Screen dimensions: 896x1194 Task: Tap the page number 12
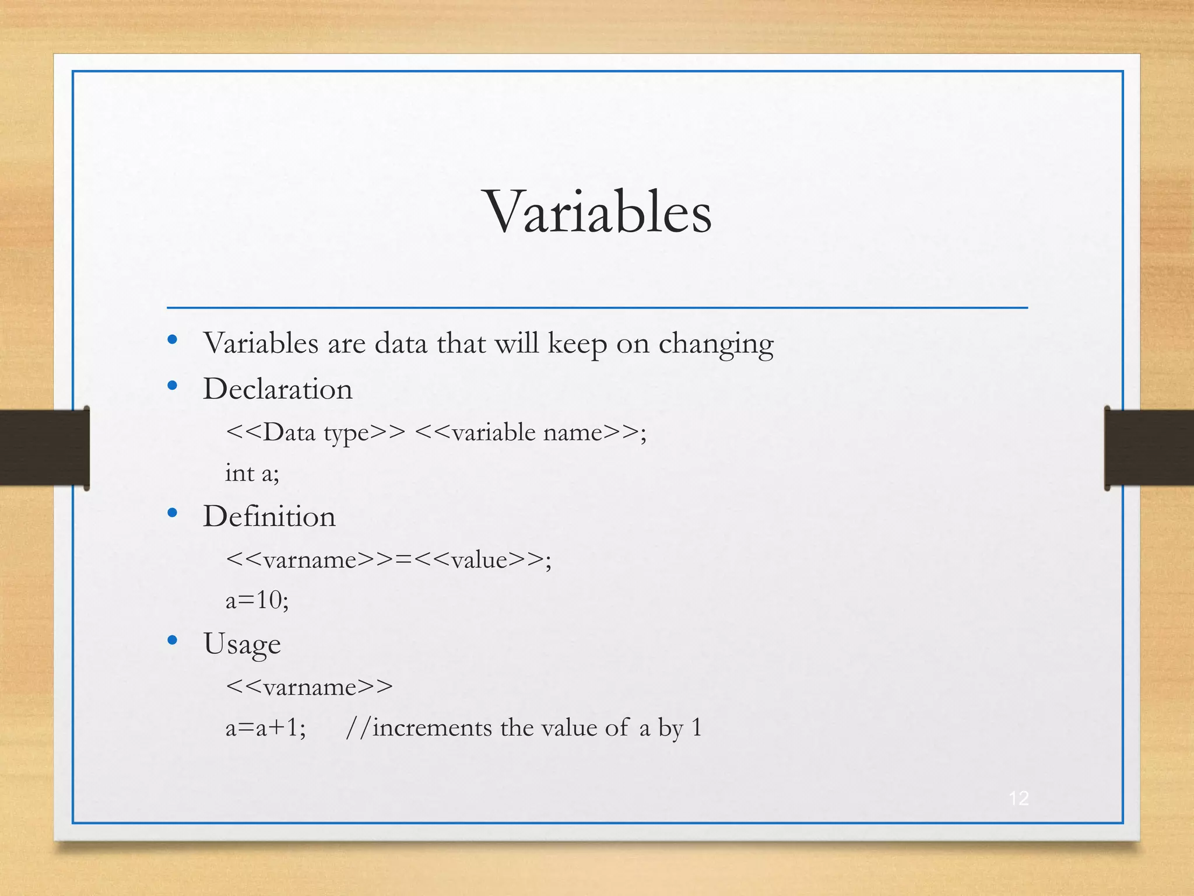[x=1019, y=798]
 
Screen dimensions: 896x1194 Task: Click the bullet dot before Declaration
[x=172, y=385]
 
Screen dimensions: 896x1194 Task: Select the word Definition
[x=269, y=516]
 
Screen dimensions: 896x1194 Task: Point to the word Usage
[x=242, y=644]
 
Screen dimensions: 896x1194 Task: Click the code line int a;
[x=252, y=473]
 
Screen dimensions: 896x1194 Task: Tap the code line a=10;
[x=257, y=600]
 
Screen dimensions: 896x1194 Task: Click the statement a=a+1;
[x=265, y=727]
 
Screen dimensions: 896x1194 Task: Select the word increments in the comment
[x=432, y=727]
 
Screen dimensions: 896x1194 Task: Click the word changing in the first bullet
[x=715, y=344]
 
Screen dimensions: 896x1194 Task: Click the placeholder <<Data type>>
[x=315, y=432]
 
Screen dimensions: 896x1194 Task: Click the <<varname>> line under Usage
[x=309, y=687]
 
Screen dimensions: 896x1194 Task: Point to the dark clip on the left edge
[x=44, y=447]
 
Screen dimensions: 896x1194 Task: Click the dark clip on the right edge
[x=1149, y=447]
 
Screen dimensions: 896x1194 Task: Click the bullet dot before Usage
[x=172, y=640]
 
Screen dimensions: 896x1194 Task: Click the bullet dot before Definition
[x=172, y=513]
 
